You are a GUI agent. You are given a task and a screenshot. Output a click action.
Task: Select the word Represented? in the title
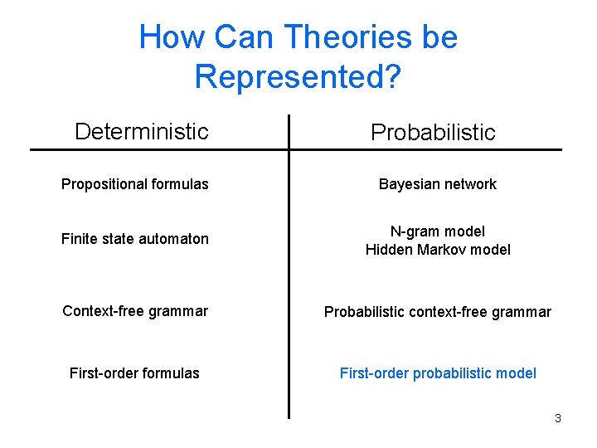click(x=298, y=76)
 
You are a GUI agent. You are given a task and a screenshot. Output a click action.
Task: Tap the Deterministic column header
click(x=141, y=131)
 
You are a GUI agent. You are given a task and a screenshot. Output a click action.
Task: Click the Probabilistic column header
click(x=433, y=132)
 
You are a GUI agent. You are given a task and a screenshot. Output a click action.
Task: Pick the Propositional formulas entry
click(x=135, y=184)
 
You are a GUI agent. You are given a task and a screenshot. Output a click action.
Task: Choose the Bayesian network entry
click(x=437, y=184)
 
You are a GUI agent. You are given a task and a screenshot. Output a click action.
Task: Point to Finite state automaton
click(x=135, y=239)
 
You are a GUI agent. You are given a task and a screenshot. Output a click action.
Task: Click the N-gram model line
click(x=438, y=231)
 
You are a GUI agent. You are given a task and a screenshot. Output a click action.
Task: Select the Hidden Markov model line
click(x=438, y=249)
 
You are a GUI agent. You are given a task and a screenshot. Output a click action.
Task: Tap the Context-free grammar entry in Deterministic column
click(x=135, y=311)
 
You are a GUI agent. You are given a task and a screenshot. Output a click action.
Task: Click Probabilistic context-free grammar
click(x=437, y=312)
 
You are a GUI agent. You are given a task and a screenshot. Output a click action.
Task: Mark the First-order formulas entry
click(x=134, y=373)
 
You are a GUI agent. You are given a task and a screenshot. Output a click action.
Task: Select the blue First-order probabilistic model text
click(x=438, y=373)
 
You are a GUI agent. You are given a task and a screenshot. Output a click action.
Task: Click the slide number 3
click(x=557, y=418)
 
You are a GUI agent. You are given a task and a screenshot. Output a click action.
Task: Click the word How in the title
click(x=172, y=37)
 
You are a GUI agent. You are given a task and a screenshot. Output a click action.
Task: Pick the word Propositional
click(x=98, y=184)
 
